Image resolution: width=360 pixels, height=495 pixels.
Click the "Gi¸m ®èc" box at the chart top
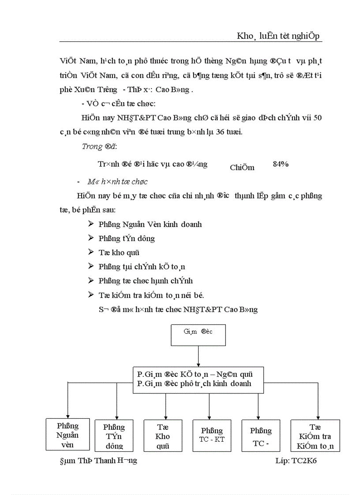(198, 335)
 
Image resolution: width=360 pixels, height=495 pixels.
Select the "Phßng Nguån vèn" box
(68, 434)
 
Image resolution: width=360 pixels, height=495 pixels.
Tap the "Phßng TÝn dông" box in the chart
(114, 435)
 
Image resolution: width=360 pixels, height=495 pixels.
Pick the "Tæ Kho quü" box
(163, 435)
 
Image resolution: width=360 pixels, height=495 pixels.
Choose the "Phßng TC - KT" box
(212, 435)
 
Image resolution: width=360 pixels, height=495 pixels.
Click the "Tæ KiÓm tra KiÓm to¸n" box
(315, 435)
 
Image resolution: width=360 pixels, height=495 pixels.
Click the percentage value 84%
(281, 164)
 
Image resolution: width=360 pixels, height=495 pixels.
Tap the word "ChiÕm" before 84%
(242, 167)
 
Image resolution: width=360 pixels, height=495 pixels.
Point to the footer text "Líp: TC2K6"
(296, 460)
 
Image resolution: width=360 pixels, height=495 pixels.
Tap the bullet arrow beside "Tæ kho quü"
(90, 252)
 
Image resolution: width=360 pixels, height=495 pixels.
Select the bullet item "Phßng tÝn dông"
(126, 238)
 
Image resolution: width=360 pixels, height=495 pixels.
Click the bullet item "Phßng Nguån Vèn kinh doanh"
(150, 224)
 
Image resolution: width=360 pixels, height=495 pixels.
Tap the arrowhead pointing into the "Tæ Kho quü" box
(165, 417)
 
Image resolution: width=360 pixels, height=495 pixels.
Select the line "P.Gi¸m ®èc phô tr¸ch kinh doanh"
(194, 383)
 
